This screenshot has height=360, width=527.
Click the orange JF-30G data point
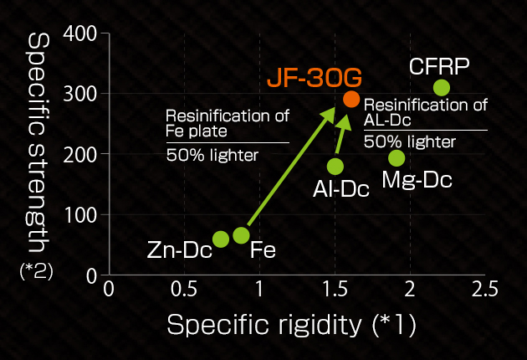coord(351,99)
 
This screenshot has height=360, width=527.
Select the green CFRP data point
coord(442,88)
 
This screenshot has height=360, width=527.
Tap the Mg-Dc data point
coord(397,158)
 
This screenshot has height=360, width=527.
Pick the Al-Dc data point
coord(335,167)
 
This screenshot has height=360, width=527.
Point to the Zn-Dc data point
coord(221,239)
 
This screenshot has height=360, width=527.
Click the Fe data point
coord(241,235)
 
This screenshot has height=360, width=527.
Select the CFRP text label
coord(439,65)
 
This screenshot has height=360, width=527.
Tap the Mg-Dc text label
coord(411,179)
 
